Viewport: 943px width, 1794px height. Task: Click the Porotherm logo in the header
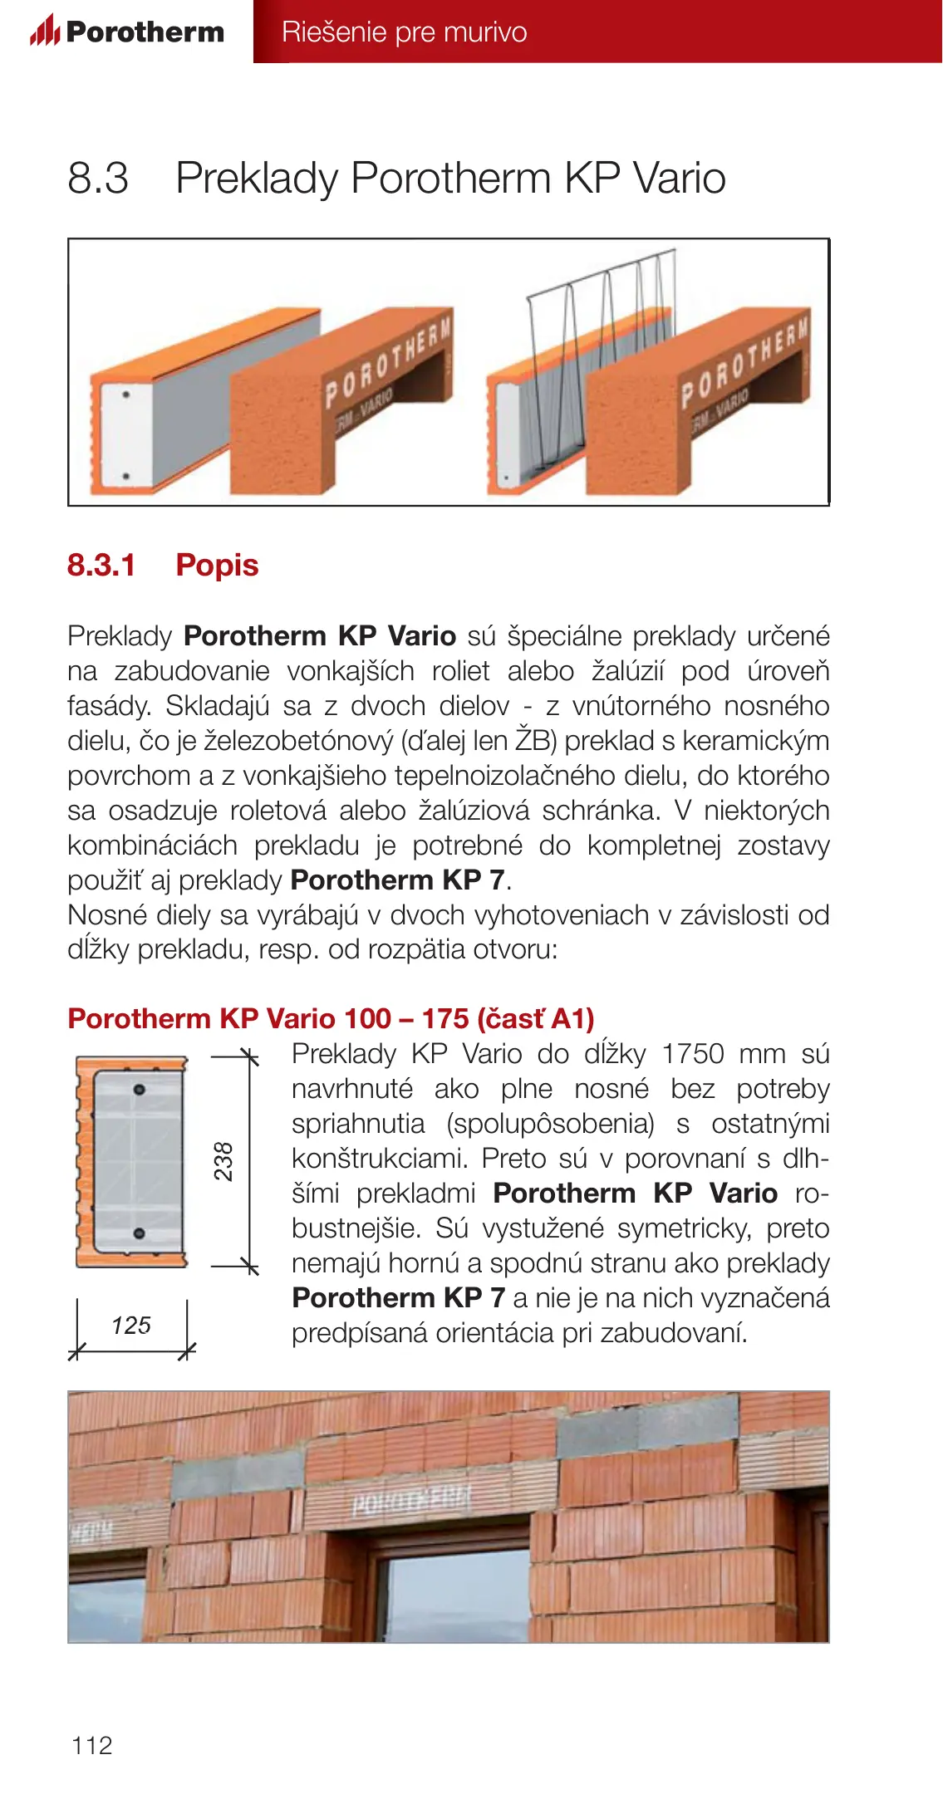pyautogui.click(x=127, y=32)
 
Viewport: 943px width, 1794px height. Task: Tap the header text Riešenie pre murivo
pyautogui.click(x=404, y=32)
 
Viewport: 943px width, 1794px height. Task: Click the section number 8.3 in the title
pyautogui.click(x=98, y=178)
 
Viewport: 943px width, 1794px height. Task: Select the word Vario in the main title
pyautogui.click(x=679, y=178)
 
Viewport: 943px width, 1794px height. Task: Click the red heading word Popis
pyautogui.click(x=217, y=565)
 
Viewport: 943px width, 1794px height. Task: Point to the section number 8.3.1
pyautogui.click(x=101, y=565)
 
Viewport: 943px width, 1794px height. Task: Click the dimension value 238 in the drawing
pyautogui.click(x=223, y=1161)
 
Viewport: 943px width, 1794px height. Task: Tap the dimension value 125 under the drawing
pyautogui.click(x=131, y=1325)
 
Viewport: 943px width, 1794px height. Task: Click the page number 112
pyautogui.click(x=91, y=1745)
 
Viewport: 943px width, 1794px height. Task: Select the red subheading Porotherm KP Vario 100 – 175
pyautogui.click(x=331, y=1018)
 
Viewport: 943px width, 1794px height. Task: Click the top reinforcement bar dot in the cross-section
pyautogui.click(x=140, y=1089)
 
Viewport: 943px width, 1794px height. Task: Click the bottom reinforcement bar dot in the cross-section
pyautogui.click(x=140, y=1233)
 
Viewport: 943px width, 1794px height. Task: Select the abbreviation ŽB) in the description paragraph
pyautogui.click(x=535, y=740)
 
